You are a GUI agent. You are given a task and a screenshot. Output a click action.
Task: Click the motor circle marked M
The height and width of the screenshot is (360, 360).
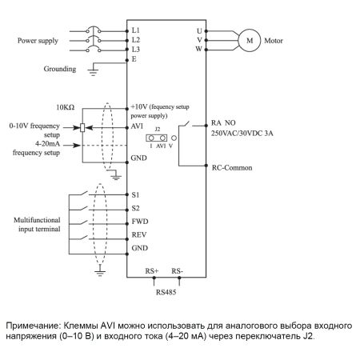tap(250, 41)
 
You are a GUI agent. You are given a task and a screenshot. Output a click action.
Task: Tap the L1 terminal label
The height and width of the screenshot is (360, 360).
tap(136, 30)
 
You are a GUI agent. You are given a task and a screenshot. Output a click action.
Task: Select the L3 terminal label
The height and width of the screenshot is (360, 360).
tap(136, 50)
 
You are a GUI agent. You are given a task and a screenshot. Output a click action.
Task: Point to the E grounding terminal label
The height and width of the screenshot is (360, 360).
tap(134, 59)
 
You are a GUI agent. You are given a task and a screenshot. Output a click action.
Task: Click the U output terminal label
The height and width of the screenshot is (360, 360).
tap(199, 31)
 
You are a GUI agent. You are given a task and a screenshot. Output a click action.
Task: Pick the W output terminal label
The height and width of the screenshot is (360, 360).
tap(199, 49)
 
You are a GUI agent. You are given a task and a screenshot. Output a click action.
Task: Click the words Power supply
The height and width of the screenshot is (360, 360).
tap(38, 41)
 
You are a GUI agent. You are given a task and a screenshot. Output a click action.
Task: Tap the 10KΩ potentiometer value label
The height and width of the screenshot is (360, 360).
tap(66, 107)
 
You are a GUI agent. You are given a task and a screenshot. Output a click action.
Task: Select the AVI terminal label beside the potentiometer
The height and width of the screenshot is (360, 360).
tap(137, 126)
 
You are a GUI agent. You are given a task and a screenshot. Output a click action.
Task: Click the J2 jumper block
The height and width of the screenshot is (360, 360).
tap(157, 138)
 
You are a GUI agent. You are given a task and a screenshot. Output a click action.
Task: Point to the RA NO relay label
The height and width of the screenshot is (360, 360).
tap(223, 123)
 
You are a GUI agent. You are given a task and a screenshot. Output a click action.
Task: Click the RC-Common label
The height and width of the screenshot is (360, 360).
tap(232, 168)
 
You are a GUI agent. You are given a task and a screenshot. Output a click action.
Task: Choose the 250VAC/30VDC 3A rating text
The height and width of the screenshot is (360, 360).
tap(242, 133)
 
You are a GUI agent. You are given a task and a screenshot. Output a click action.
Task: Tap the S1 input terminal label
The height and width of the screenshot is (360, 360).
tap(135, 195)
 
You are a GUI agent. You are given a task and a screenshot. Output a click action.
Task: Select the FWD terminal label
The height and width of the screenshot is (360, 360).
tap(140, 222)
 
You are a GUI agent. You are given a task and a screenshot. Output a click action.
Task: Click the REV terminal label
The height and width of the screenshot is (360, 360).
tap(139, 234)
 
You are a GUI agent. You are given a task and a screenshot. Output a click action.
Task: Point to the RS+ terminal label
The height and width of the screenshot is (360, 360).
tap(152, 271)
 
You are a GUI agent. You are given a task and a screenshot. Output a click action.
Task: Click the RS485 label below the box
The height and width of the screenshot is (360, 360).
tap(166, 292)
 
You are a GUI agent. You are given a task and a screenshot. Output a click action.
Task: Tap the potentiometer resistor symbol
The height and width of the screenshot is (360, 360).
tap(82, 128)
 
